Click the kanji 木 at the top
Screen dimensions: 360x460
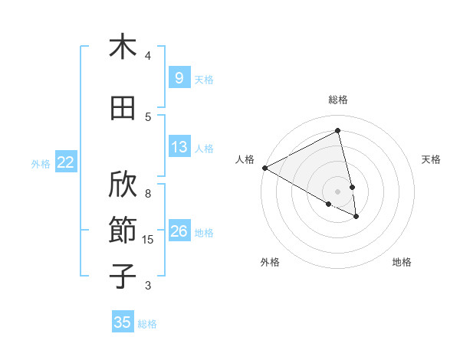123,47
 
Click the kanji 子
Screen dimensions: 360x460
123,277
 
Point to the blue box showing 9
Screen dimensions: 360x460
179,77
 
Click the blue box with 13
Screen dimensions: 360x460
179,147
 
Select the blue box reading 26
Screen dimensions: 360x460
179,231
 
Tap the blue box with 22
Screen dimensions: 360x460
65,162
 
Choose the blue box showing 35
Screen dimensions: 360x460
123,322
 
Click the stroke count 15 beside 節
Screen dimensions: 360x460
148,240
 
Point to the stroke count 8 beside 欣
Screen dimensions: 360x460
148,185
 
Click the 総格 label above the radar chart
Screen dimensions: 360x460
338,100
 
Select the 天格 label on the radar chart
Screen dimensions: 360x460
432,159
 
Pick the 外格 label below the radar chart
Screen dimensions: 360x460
270,262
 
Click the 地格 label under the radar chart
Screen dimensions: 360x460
402,262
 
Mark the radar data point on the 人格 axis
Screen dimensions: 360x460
264,168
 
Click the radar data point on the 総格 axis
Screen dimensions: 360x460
338,131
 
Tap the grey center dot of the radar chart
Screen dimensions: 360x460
338,191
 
